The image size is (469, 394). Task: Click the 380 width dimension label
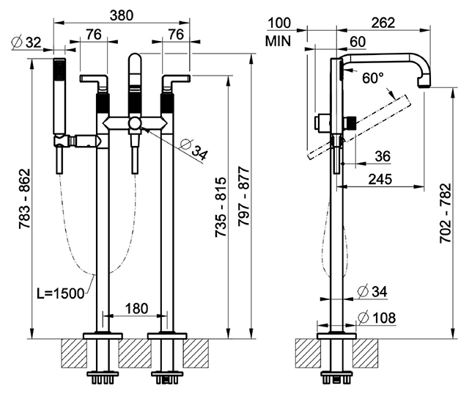(121, 15)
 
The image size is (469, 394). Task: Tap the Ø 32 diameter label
(26, 43)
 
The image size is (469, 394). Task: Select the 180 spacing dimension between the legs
(136, 308)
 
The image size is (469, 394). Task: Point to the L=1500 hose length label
(60, 293)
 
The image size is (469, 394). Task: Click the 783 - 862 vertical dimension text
(24, 199)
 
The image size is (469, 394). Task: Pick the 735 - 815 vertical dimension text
(221, 207)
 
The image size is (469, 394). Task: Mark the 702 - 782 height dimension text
(445, 214)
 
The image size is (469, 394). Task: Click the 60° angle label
(373, 79)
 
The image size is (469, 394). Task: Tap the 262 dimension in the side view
(383, 23)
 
